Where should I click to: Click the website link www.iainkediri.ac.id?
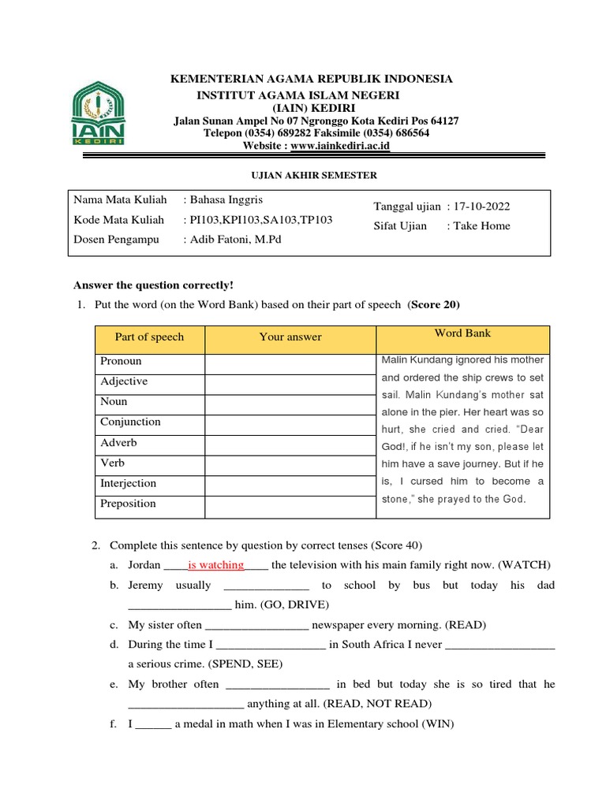pos(340,146)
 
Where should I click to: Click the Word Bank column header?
pos(462,333)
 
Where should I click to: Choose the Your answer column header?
pos(290,337)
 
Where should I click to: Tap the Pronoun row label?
pos(121,361)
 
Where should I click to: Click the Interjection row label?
pos(128,483)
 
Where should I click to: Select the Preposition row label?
pos(128,504)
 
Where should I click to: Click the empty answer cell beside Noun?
pos(290,402)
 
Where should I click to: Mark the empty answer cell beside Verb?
pos(290,463)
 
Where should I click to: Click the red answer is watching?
pos(215,564)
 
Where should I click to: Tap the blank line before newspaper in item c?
pos(256,626)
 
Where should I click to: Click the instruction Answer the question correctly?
pos(154,284)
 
